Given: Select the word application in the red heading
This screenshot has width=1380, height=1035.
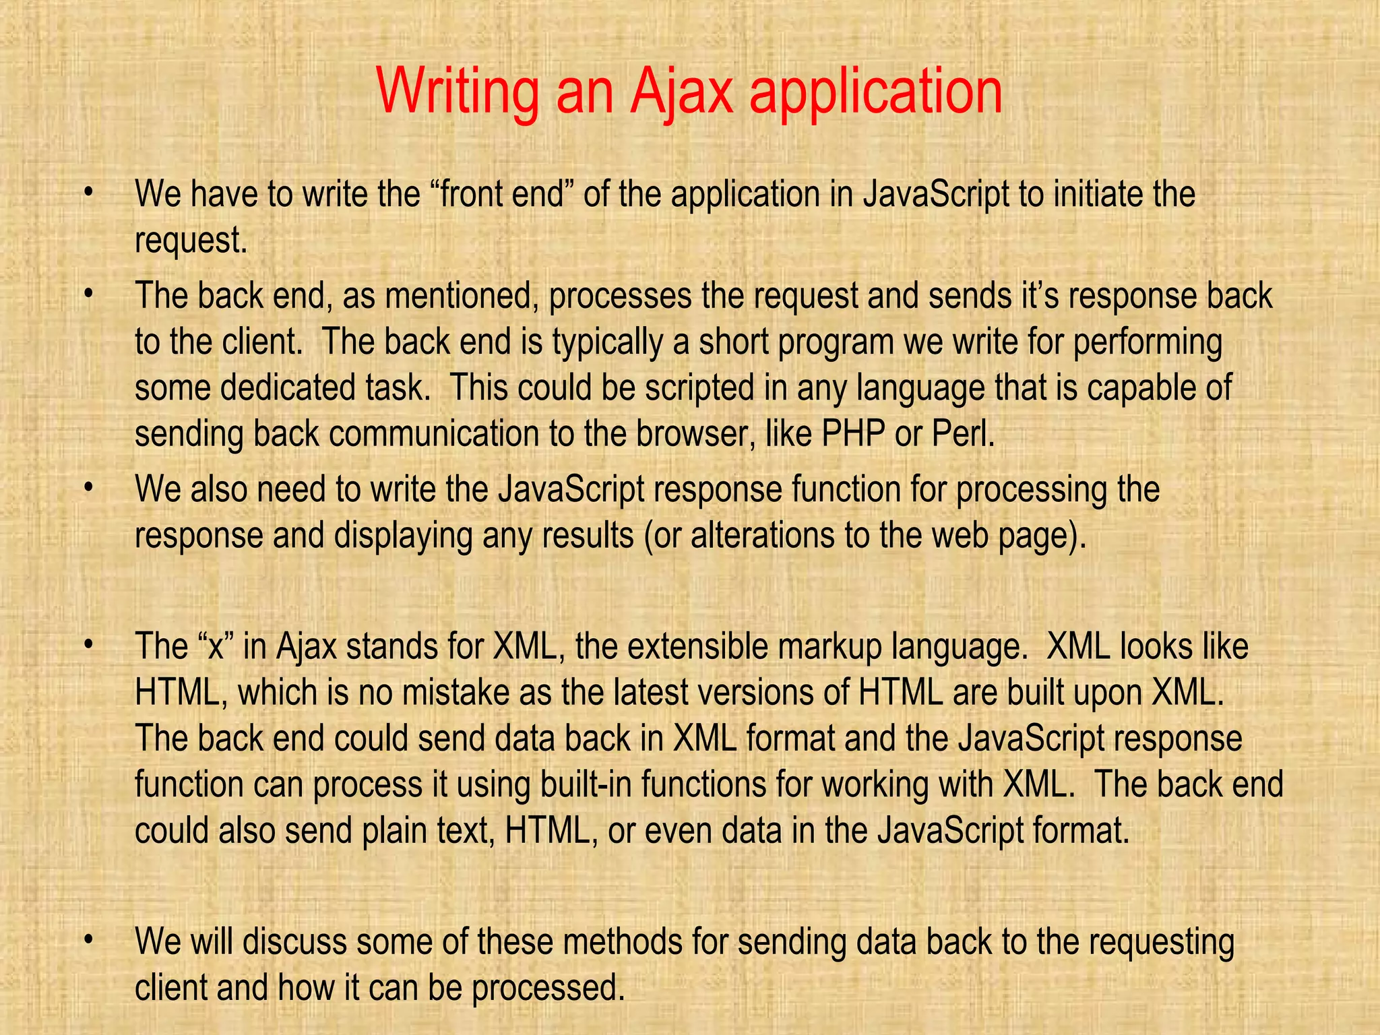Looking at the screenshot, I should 875,94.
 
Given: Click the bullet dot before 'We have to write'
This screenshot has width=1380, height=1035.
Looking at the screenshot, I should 87,194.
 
